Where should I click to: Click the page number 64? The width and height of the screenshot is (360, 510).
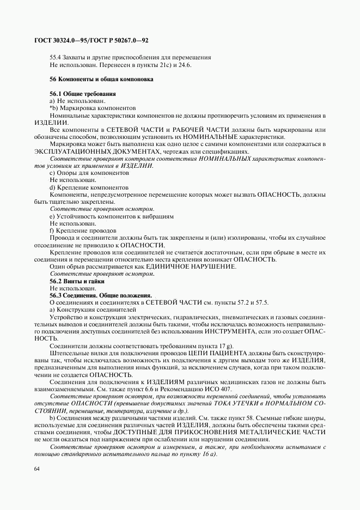click(37, 468)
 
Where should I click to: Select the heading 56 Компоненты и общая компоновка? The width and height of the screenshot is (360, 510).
click(101, 79)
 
